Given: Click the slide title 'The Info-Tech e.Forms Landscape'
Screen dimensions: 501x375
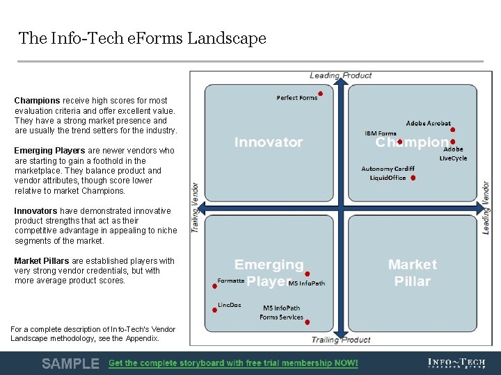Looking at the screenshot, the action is coord(143,38).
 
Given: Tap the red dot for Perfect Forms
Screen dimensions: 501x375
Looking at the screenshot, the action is coord(320,94).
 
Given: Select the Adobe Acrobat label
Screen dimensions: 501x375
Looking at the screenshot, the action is coord(428,124).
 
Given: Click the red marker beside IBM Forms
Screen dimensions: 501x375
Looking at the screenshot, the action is coord(400,142).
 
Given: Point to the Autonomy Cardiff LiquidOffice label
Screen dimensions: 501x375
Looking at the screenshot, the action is coord(388,173).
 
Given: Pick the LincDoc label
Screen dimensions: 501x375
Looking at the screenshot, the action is coord(229,305).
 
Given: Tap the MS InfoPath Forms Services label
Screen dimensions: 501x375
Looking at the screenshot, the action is coord(281,312).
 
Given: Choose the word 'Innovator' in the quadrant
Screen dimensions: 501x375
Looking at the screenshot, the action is coord(269,142).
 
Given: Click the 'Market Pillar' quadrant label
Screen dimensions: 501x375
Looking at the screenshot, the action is coord(413,273).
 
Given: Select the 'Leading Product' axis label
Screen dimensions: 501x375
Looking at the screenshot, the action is coord(340,76).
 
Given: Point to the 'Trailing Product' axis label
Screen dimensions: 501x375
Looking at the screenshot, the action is coord(340,340).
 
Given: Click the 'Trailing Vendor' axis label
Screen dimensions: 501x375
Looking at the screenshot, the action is coord(196,208).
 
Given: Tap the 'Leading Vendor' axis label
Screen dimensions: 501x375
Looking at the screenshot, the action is coord(486,208).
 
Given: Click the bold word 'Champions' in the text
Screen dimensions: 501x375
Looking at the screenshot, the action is coord(37,101).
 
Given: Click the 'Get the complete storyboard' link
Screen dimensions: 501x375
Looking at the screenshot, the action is coord(233,363).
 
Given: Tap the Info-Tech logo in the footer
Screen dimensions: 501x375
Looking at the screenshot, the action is coord(456,363).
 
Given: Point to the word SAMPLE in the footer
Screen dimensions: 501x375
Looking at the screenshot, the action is coord(70,363).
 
